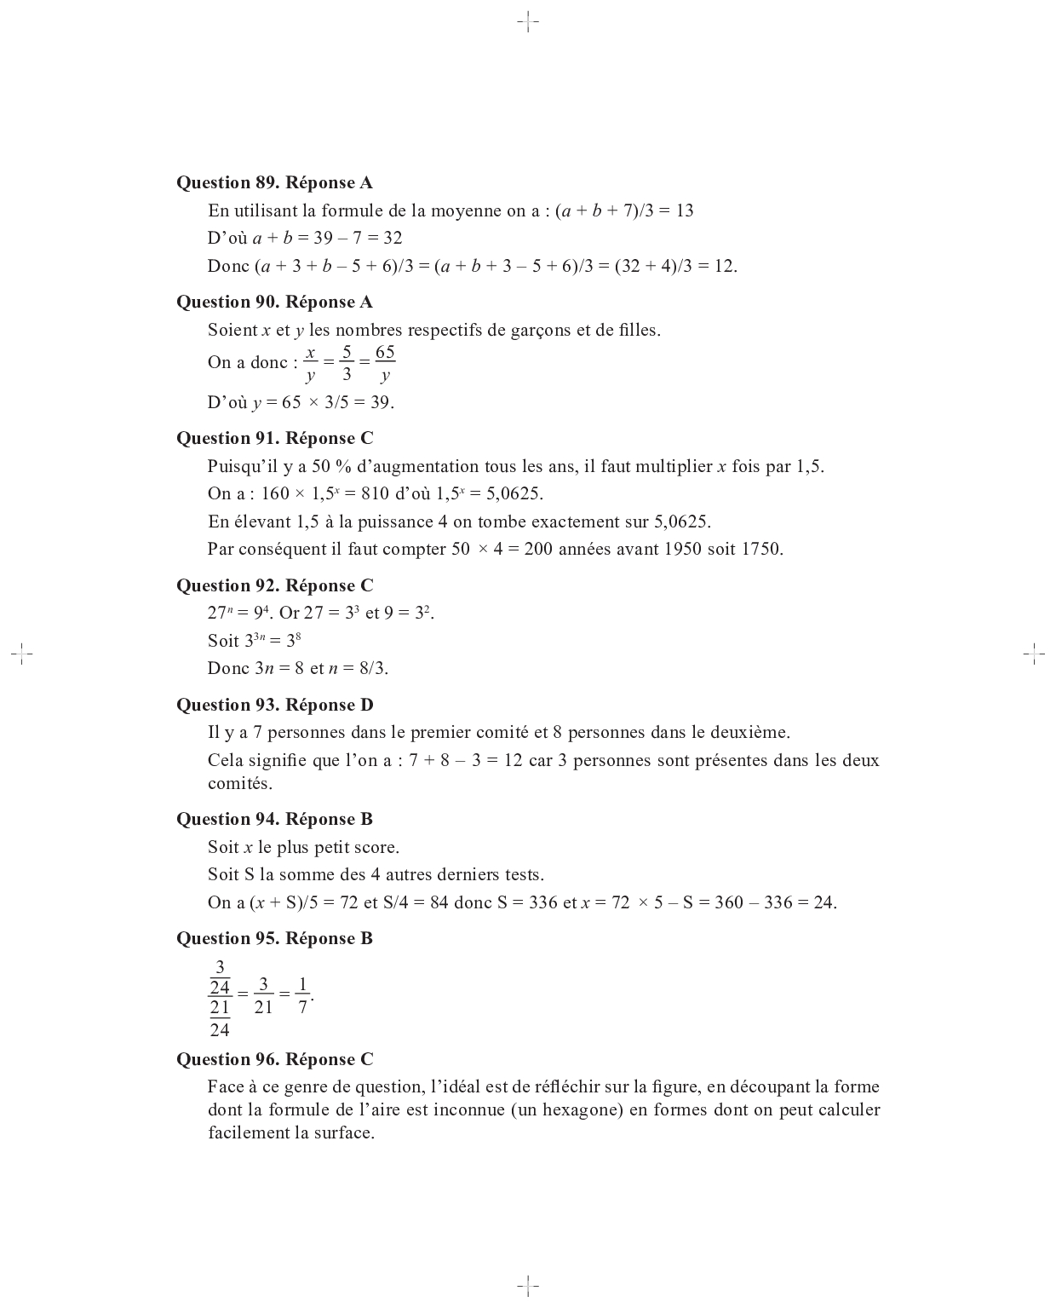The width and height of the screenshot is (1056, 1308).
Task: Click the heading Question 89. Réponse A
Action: click(x=274, y=182)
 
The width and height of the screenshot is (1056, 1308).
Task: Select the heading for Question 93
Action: click(x=274, y=705)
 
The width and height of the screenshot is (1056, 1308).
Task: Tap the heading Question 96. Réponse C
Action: click(x=274, y=1059)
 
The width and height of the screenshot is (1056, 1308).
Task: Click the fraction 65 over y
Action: click(x=385, y=364)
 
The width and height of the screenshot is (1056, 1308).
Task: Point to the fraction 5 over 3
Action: click(x=347, y=364)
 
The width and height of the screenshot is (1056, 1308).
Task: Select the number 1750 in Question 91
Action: click(x=761, y=549)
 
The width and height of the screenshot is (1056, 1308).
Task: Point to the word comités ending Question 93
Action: click(x=240, y=783)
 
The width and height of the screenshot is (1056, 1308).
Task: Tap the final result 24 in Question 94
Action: click(x=824, y=902)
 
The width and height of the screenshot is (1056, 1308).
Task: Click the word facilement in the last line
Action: click(x=249, y=1132)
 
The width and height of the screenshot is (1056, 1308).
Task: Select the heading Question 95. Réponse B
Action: click(x=274, y=938)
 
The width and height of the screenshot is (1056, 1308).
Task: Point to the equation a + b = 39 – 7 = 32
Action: click(x=327, y=238)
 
